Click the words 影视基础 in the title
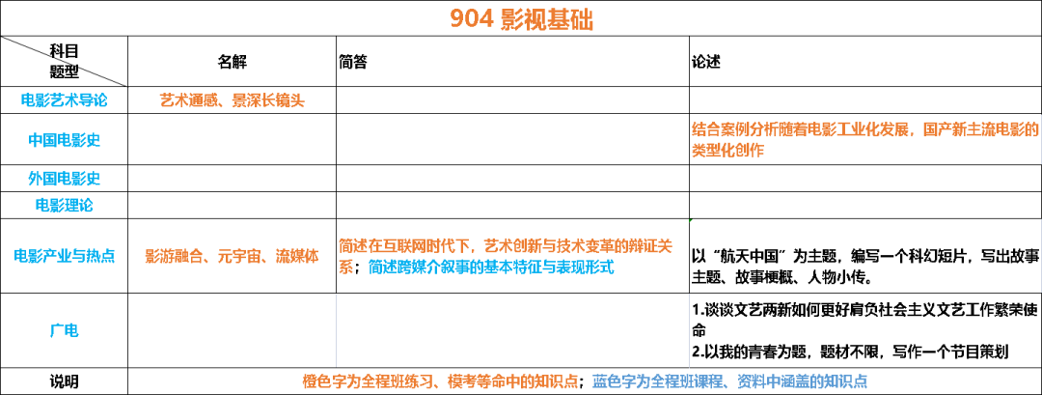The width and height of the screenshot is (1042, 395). click(547, 20)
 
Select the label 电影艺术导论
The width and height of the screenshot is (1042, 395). click(65, 100)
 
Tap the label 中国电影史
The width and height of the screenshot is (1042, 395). click(65, 140)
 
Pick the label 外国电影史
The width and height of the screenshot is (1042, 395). click(65, 179)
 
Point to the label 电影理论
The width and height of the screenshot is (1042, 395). click(65, 205)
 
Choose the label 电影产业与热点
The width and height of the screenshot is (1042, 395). click(65, 256)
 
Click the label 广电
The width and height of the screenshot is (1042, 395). click(65, 330)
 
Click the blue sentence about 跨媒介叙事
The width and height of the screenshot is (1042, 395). click(490, 268)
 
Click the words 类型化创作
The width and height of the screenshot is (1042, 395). click(727, 151)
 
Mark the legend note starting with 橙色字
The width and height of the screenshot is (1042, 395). click(440, 381)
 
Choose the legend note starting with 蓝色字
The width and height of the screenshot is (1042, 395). click(729, 381)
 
